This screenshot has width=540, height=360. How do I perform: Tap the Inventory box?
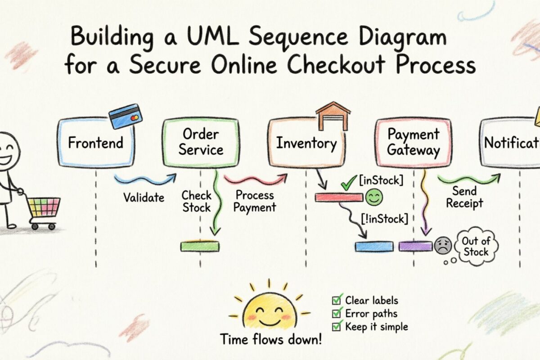click(x=306, y=144)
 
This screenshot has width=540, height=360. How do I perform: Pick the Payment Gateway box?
click(x=413, y=142)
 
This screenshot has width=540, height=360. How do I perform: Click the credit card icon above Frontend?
click(x=126, y=116)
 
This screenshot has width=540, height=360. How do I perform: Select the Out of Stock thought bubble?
click(x=476, y=246)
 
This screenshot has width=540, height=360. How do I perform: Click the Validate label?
click(x=144, y=198)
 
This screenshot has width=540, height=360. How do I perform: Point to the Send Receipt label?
click(x=464, y=197)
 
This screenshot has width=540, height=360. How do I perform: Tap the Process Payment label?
click(x=255, y=201)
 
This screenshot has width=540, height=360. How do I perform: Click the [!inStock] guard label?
click(x=385, y=219)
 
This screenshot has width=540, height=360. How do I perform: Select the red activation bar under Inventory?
click(x=338, y=197)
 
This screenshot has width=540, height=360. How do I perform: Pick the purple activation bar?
click(x=415, y=246)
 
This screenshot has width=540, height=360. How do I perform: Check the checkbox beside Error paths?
click(x=336, y=314)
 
